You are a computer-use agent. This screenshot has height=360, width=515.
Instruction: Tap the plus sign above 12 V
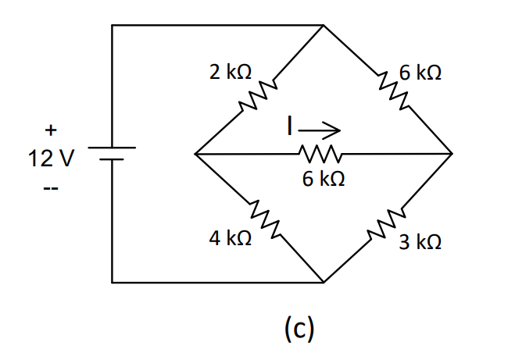[x=51, y=130]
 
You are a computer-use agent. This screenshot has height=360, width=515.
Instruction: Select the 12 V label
[x=52, y=160]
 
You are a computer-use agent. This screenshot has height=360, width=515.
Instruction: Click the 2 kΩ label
[x=230, y=73]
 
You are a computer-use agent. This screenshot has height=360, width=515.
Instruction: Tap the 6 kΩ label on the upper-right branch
[x=420, y=73]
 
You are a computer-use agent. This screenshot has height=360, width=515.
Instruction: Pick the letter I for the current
[x=290, y=125]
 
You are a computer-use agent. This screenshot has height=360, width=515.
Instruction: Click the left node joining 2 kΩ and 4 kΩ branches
[x=195, y=153]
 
